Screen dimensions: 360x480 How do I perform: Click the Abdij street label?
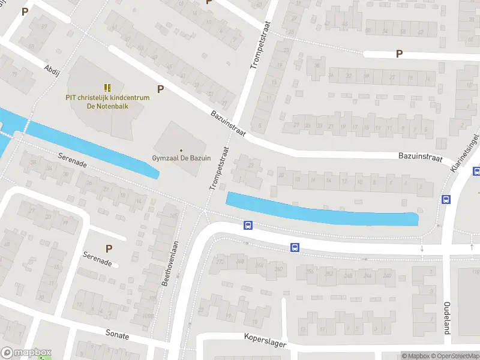(52, 69)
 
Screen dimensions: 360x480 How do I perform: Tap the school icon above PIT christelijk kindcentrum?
(107, 88)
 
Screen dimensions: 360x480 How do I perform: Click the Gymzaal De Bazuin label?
(181, 158)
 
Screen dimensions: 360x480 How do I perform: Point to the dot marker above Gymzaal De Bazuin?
(181, 150)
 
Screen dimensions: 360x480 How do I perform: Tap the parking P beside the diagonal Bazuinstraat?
(160, 89)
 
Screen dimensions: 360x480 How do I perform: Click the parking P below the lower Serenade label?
(109, 248)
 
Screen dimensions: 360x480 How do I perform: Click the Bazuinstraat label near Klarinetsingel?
(420, 157)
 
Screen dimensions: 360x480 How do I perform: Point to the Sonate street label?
(117, 335)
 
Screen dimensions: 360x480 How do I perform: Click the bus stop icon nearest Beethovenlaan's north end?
(247, 226)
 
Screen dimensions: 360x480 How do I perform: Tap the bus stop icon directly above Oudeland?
(446, 199)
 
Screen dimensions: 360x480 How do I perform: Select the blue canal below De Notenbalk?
(90, 148)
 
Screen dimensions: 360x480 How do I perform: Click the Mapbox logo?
(27, 353)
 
